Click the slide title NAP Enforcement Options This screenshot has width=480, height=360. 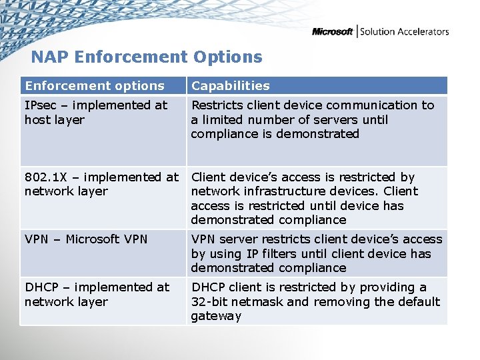[147, 57]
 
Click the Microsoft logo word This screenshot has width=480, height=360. [332, 31]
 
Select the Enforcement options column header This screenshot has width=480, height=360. [94, 85]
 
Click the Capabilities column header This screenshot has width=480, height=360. [230, 85]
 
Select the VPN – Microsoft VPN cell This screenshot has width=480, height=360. [86, 239]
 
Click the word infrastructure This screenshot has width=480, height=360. [287, 191]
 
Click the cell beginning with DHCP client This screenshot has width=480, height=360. [315, 301]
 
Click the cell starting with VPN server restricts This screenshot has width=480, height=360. [316, 253]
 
